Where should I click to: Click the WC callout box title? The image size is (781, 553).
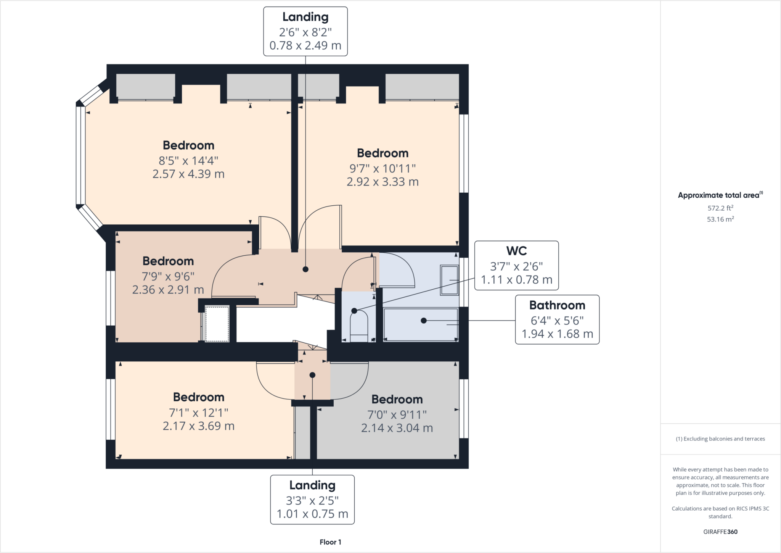coord(516,251)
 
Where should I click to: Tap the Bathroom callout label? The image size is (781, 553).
coord(557,305)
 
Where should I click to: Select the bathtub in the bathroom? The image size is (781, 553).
coord(421,324)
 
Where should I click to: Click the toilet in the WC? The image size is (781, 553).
coord(359,326)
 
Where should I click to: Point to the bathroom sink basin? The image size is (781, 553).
coord(449,280)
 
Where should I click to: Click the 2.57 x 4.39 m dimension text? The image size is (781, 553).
coord(188,174)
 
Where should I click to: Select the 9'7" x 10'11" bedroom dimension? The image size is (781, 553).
coord(382,168)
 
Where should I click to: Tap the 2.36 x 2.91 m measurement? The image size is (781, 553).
coord(168,290)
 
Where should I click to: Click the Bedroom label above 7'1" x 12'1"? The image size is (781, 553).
coord(199,397)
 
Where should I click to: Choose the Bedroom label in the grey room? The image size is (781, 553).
coord(397,399)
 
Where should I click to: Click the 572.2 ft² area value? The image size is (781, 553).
coord(720,208)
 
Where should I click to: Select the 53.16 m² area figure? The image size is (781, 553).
coord(720,219)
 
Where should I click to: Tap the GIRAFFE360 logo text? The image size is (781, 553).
coord(720,532)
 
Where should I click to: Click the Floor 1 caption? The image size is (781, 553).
coord(330,542)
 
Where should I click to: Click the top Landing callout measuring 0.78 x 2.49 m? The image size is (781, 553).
coord(305,31)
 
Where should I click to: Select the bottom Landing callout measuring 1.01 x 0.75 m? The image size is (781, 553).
coord(312,500)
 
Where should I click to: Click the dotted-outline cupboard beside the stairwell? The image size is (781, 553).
coord(217,324)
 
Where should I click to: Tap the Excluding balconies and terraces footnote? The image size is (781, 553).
coord(720,439)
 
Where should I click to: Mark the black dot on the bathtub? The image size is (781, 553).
coord(424,321)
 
